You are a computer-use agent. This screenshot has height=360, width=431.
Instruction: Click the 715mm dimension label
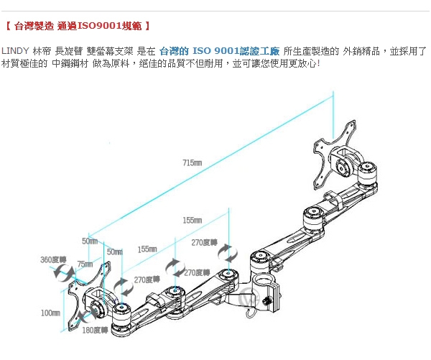(192, 163)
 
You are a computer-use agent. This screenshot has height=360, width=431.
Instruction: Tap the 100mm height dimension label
(49, 313)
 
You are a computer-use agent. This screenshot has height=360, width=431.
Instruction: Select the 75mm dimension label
(85, 264)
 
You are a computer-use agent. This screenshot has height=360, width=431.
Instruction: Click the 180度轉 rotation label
(94, 330)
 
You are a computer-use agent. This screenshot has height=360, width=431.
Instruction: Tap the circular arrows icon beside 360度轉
(62, 274)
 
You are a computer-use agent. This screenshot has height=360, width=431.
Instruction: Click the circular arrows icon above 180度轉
(89, 315)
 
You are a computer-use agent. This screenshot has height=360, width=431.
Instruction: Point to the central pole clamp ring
(263, 282)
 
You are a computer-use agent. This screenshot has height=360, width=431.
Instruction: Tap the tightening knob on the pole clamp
(272, 295)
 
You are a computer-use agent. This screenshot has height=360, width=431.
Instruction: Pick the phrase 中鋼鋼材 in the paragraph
(69, 63)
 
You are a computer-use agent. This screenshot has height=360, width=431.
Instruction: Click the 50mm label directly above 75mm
(89, 241)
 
